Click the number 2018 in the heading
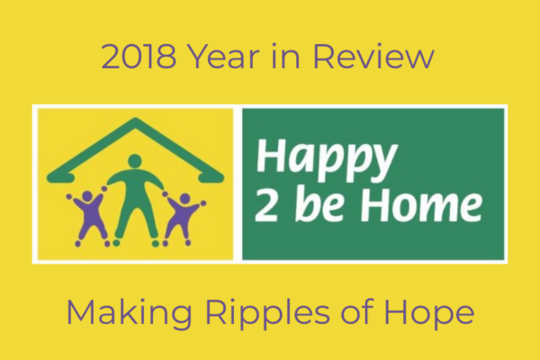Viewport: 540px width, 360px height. [x=139, y=57]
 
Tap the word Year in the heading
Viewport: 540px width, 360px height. [x=224, y=57]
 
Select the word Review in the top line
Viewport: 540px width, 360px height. [x=373, y=56]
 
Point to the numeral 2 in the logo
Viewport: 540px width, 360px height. [x=266, y=206]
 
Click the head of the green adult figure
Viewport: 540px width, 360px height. [x=135, y=162]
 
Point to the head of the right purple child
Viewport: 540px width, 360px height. [x=184, y=199]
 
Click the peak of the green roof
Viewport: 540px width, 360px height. [x=135, y=121]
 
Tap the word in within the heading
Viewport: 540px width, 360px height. [x=286, y=57]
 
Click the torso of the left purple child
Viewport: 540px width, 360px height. [x=89, y=213]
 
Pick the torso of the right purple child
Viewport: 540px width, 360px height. [x=181, y=216]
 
